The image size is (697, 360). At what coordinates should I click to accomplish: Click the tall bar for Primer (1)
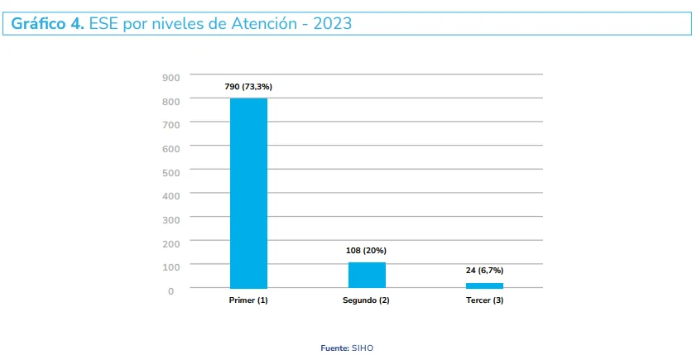[x=248, y=193]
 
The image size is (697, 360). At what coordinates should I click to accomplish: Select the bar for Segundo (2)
[x=367, y=275]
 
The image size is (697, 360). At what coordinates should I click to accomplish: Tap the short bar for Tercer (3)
[x=484, y=286]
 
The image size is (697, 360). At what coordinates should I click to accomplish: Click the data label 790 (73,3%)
[x=248, y=86]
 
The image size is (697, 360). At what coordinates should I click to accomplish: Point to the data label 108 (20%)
[x=366, y=250]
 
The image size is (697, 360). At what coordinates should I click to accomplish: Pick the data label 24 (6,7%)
[x=484, y=271]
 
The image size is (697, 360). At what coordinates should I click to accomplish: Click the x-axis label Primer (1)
[x=248, y=300]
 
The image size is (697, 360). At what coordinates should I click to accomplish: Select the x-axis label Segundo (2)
[x=366, y=300]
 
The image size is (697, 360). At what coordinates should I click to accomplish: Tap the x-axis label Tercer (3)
[x=484, y=300]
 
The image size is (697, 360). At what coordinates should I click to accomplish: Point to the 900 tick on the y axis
[x=171, y=78]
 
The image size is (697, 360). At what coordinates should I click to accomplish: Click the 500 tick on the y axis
[x=171, y=172]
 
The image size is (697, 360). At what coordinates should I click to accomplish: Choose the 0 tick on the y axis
[x=171, y=290]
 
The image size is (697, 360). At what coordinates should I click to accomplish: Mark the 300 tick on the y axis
[x=171, y=220]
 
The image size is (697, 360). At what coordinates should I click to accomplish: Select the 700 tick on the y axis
[x=171, y=125]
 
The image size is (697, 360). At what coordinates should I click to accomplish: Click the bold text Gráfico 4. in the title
[x=47, y=24]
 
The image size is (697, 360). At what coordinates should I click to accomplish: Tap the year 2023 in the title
[x=330, y=24]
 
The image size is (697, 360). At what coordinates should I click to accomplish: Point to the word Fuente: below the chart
[x=334, y=348]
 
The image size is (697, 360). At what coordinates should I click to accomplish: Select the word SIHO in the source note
[x=363, y=348]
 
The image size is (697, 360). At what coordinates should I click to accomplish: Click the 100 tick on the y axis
[x=171, y=267]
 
